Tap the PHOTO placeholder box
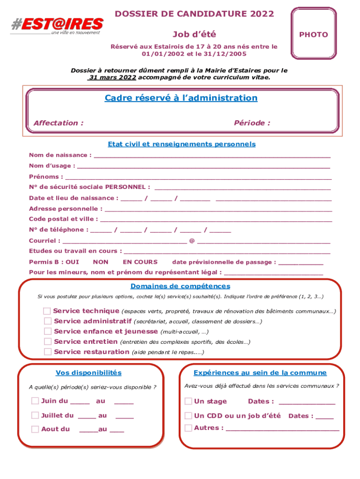coord(313,35)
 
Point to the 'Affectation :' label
coord(58,123)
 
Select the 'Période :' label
coord(252,123)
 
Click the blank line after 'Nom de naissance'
coord(212,155)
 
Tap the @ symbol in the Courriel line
coord(192,241)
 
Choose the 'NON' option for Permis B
coord(101,262)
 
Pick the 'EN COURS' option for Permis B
coord(140,262)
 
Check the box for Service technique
coord(47,311)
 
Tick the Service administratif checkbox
coord(48,321)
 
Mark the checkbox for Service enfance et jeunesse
coord(48,331)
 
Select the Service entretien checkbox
coord(48,341)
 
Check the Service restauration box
coord(48,352)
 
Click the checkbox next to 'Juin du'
coord(35,401)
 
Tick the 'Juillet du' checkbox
coord(35,415)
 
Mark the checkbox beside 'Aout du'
coord(35,429)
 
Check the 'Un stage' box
coord(188,401)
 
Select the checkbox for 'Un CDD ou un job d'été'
coord(188,415)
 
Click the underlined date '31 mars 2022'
coord(112,77)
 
